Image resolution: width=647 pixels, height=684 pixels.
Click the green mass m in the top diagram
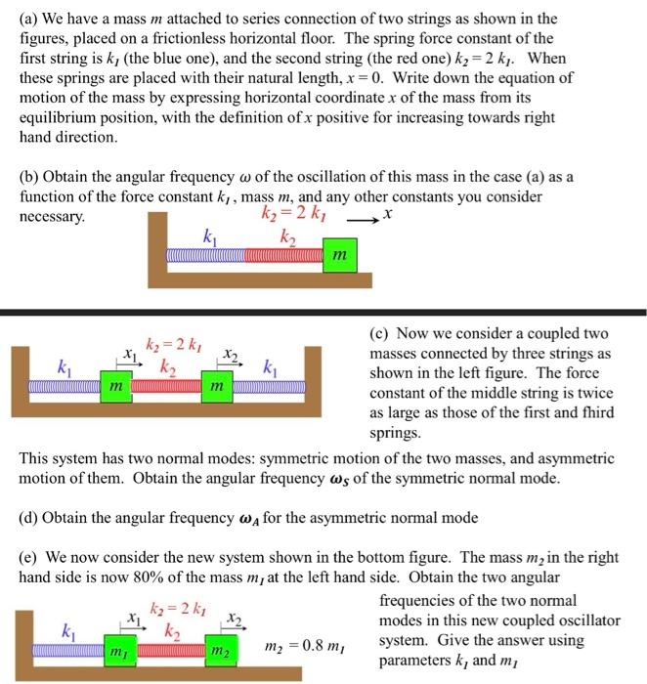tap(338, 256)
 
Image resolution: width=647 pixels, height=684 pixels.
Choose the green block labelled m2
tap(219, 650)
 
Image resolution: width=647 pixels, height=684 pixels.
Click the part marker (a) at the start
tap(29, 19)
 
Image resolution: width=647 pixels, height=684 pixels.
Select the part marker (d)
tap(30, 517)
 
